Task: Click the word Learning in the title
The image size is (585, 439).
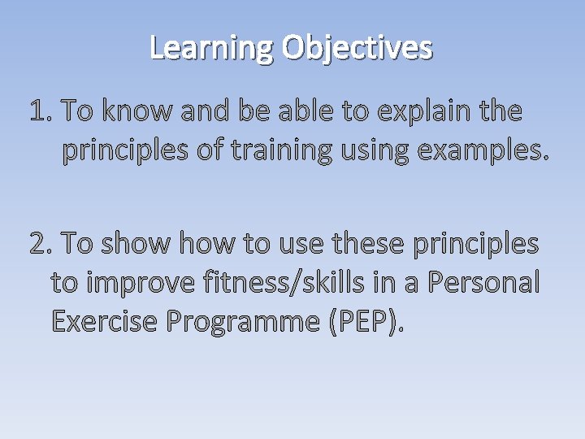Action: (x=212, y=49)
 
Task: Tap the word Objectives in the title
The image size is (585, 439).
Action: (x=357, y=49)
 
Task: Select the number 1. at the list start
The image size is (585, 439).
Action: (x=41, y=111)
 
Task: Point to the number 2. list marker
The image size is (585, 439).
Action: (x=41, y=242)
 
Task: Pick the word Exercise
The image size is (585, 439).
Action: (x=105, y=321)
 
